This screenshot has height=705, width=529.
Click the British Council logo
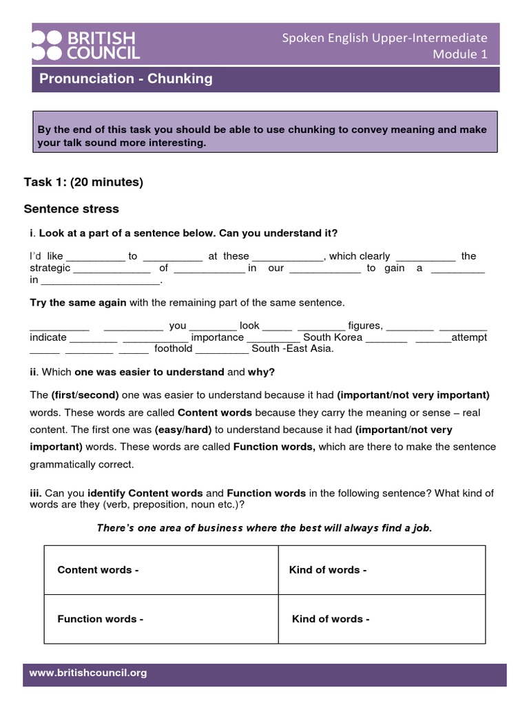(85, 45)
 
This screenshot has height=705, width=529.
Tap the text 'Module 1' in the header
(459, 55)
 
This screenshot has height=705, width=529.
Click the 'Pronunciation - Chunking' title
(126, 79)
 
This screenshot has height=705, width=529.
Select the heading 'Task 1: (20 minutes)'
(83, 182)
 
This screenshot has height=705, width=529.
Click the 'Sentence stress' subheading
(72, 209)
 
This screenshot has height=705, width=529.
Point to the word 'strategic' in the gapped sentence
(50, 268)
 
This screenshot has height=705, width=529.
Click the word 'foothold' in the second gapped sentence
(173, 348)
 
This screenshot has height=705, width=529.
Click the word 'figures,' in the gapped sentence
(365, 326)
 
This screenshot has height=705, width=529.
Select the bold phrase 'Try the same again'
(78, 302)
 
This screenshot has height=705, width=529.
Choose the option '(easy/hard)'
(183, 430)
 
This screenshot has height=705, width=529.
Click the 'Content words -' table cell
(98, 570)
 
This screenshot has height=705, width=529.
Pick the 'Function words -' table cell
(101, 619)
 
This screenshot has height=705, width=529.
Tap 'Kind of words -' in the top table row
(328, 570)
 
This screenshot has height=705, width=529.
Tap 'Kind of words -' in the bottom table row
(331, 619)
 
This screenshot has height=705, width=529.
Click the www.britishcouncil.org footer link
(88, 673)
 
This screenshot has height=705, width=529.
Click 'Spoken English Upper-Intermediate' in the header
(384, 38)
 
